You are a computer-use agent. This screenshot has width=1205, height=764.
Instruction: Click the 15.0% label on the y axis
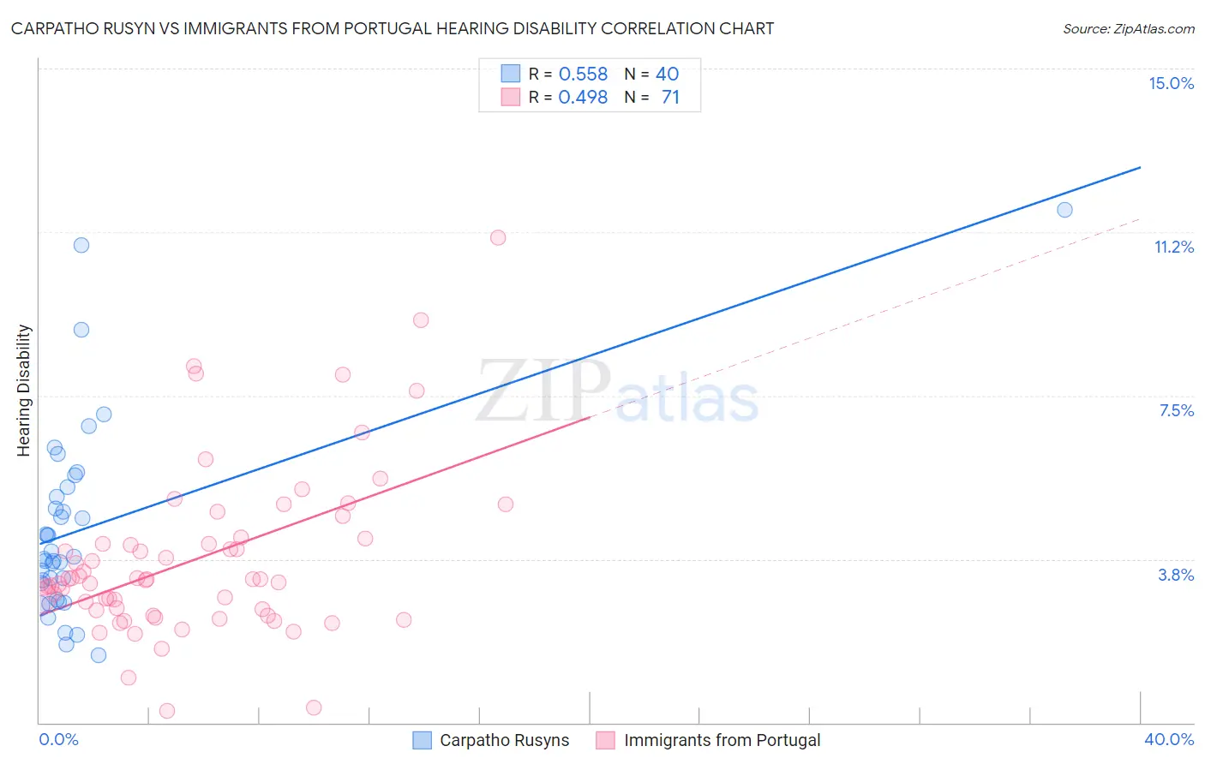[1171, 83]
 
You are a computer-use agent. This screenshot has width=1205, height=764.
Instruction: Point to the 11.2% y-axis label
[1173, 247]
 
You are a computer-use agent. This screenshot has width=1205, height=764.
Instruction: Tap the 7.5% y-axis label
[1176, 410]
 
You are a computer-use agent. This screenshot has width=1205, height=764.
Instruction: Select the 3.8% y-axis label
[1176, 575]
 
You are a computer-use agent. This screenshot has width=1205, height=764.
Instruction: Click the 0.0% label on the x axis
[58, 739]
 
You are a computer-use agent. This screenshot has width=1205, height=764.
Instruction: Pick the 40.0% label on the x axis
[1168, 739]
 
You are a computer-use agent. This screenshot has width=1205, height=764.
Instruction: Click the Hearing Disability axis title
[24, 390]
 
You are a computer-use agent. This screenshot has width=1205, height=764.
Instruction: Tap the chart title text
[392, 28]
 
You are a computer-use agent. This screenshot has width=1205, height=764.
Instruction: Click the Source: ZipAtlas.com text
[1128, 28]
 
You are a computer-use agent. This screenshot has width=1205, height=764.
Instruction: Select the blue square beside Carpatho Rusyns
[422, 740]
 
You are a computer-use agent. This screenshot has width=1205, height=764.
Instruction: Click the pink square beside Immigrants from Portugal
[606, 740]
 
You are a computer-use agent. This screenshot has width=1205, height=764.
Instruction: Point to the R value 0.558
[583, 75]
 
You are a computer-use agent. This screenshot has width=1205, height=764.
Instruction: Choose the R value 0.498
[583, 97]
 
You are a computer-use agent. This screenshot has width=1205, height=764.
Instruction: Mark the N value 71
[670, 97]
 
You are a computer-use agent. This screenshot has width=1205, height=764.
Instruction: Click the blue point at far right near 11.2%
[1064, 210]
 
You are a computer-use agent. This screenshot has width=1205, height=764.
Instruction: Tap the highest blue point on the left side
[81, 245]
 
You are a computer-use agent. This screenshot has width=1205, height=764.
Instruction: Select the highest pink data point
[498, 237]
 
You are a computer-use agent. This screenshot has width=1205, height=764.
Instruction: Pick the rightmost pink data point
[506, 504]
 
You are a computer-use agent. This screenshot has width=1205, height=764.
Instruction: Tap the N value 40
[667, 75]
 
